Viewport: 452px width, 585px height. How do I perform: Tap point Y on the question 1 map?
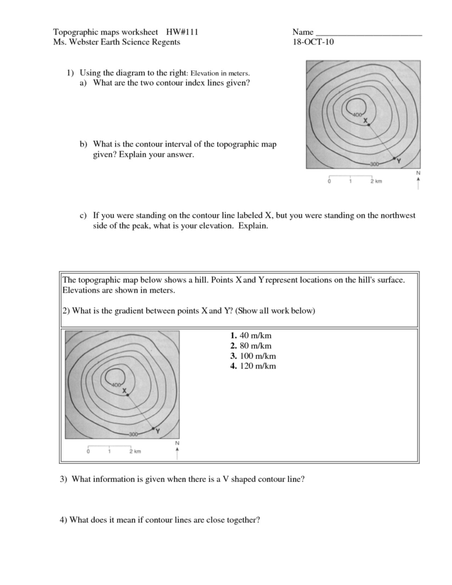point(395,159)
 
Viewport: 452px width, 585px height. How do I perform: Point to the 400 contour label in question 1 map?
point(358,115)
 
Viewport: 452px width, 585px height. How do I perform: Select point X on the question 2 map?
point(128,394)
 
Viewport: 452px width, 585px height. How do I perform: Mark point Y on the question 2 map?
point(154,428)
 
